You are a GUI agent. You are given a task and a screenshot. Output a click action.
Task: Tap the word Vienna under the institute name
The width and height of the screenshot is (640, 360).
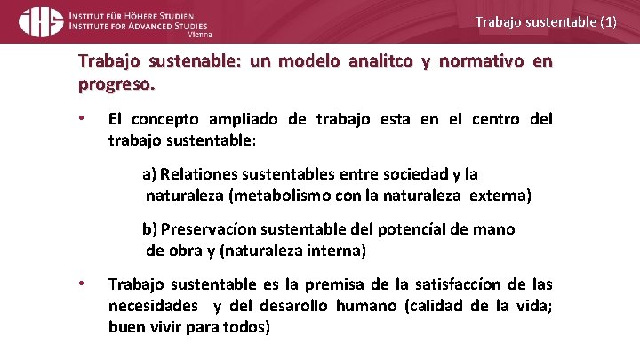201,36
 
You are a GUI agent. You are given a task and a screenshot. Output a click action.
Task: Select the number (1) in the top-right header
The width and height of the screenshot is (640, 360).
607,21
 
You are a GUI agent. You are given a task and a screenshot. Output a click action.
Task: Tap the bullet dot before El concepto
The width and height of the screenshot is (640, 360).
81,119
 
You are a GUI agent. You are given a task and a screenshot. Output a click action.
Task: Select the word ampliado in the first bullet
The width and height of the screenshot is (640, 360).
243,119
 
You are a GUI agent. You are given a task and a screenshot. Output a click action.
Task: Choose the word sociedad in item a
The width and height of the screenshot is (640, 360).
387,174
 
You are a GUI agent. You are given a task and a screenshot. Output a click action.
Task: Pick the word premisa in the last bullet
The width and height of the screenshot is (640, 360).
336,284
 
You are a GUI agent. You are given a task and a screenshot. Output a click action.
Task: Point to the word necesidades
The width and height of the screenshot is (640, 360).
154,305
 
